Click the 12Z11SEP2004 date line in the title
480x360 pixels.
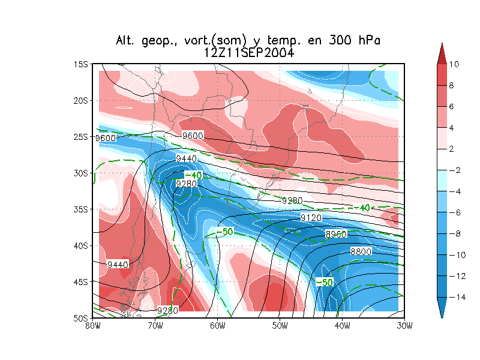[248, 53]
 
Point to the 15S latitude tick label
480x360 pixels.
[81, 64]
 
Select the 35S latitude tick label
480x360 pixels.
[81, 209]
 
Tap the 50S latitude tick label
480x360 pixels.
[81, 318]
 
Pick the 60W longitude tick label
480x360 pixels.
[217, 326]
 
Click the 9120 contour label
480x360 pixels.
[311, 217]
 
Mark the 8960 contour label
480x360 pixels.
[336, 234]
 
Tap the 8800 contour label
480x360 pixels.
[361, 252]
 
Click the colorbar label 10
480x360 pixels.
[454, 64]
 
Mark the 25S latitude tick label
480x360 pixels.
[81, 137]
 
